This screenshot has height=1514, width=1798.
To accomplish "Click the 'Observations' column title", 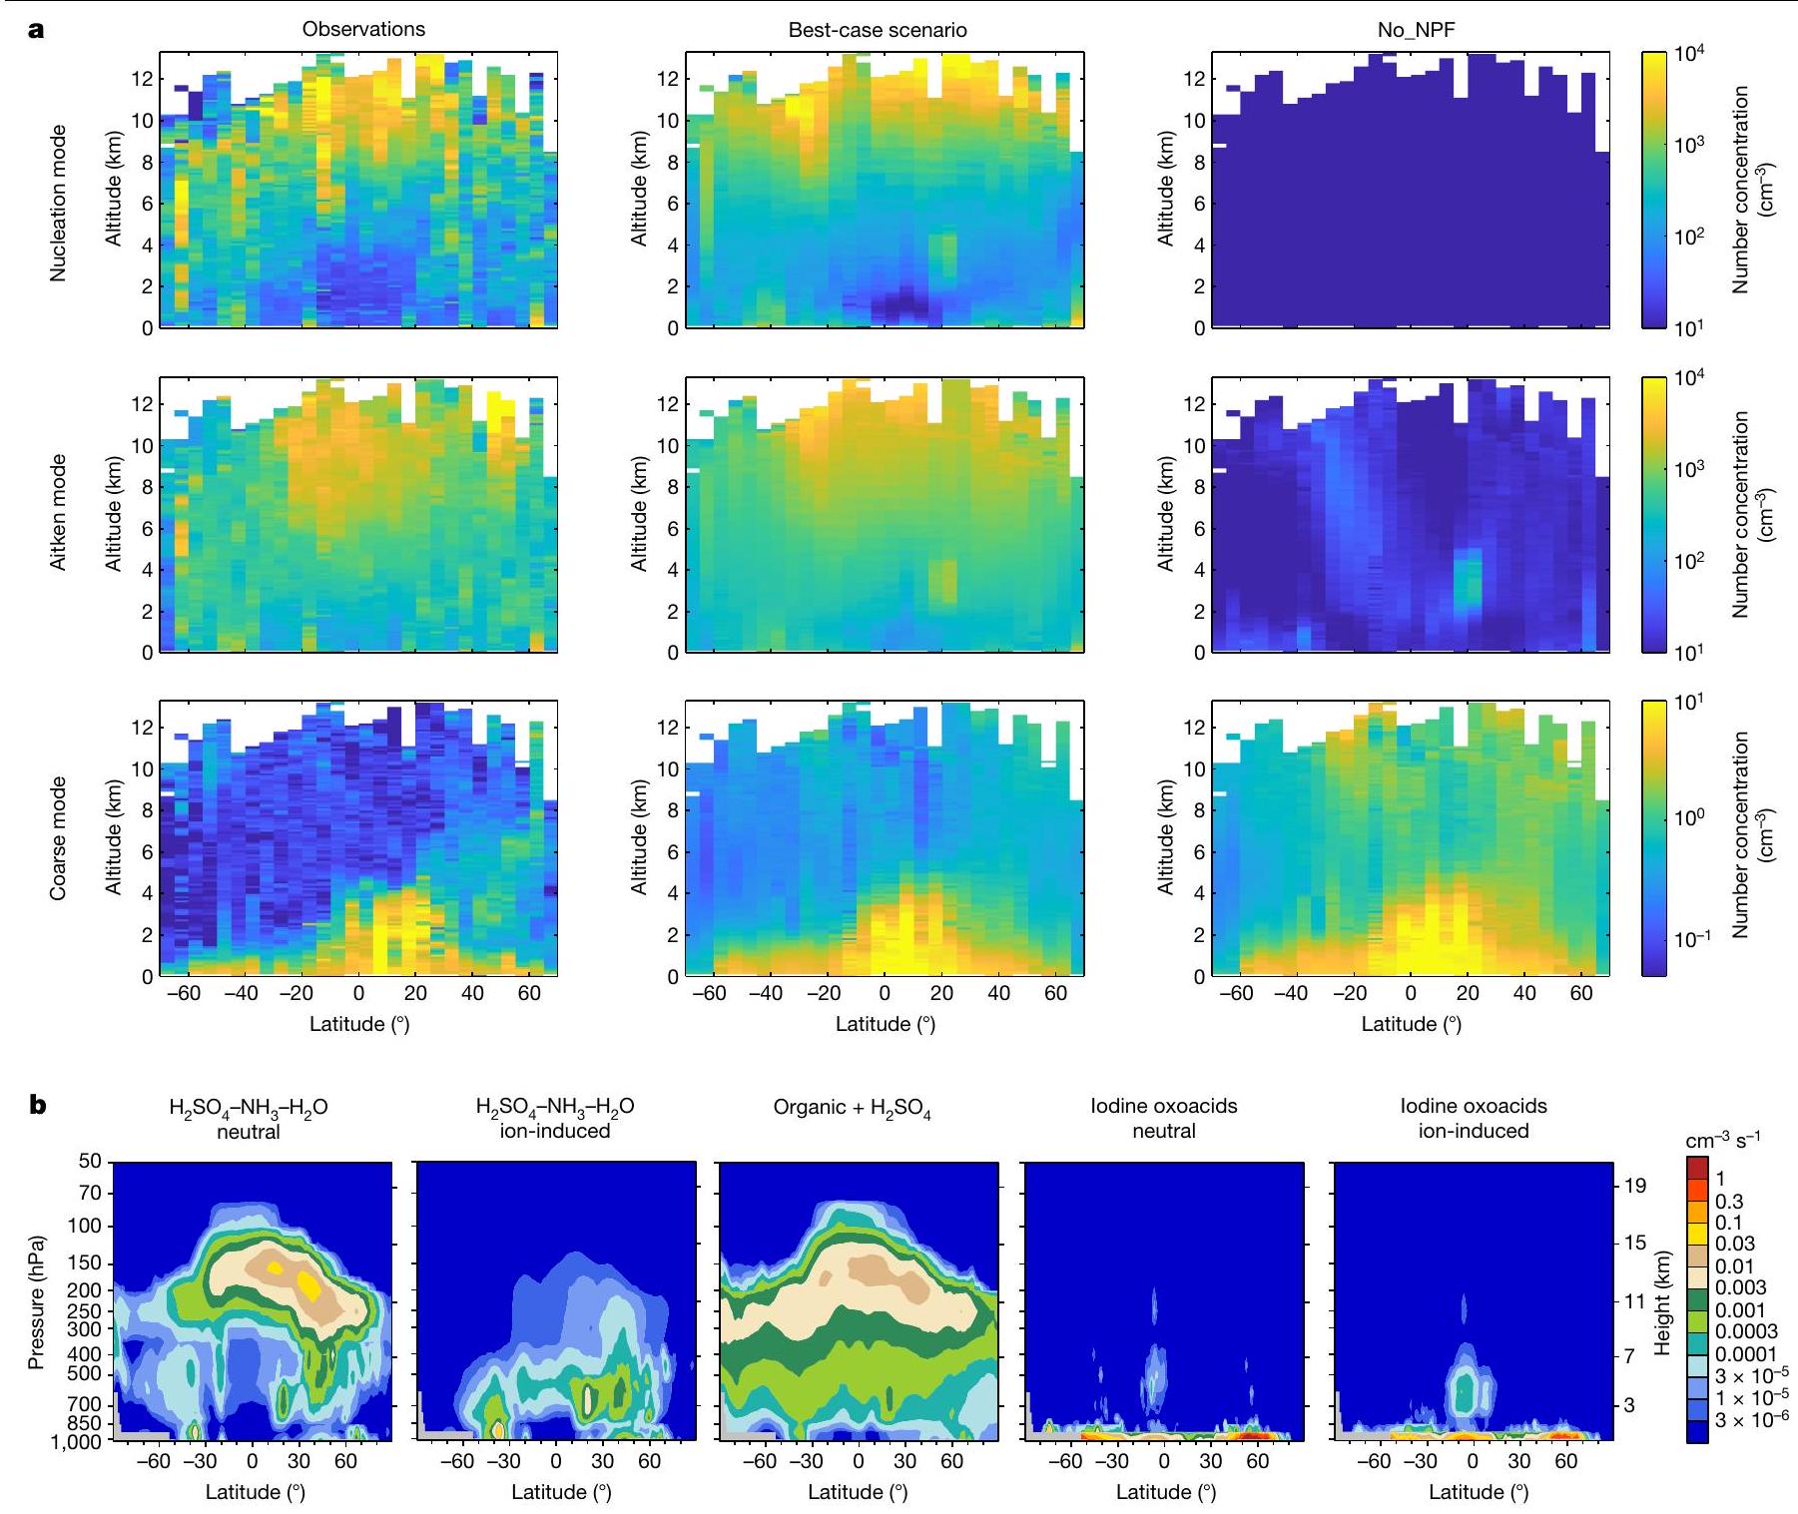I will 363,29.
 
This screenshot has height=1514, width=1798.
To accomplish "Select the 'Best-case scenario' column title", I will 878,30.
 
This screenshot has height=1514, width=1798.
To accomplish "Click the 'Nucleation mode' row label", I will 59,203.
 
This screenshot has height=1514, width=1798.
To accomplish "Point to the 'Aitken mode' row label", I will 59,512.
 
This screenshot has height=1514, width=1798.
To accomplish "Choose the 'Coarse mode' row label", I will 59,838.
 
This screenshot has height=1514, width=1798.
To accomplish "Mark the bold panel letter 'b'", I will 38,1106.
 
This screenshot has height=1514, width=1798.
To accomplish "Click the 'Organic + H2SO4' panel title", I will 852,1109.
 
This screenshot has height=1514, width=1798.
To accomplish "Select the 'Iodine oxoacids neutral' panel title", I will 1163,1118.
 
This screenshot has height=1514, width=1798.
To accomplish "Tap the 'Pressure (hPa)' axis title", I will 37,1301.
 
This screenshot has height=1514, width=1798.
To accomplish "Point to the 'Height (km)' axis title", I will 1662,1301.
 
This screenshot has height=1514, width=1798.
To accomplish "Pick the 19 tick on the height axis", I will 1635,1186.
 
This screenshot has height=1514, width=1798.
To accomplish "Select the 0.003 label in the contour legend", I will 1740,1287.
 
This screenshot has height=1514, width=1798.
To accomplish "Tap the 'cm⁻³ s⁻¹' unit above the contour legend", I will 1722,1141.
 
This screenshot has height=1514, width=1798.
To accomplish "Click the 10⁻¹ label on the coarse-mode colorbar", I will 1694,939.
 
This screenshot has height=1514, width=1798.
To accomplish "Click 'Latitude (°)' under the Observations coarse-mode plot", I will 359,1024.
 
